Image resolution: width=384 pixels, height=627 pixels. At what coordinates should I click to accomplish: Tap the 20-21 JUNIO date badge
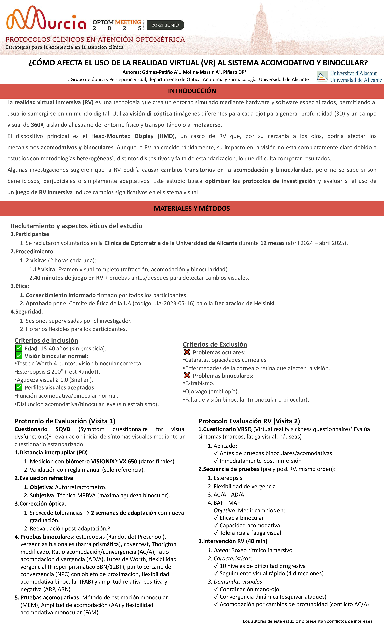coord(165,25)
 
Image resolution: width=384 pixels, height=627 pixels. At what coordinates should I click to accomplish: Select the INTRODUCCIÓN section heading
coord(192,91)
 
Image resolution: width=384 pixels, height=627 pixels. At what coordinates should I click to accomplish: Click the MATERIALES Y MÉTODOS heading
coord(192,208)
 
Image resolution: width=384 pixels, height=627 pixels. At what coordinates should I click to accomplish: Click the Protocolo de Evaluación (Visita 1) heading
coord(65,421)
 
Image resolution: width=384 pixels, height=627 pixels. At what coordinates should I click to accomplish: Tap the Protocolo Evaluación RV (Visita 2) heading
coord(249,421)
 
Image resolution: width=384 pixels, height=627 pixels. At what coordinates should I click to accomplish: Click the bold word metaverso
coord(207,125)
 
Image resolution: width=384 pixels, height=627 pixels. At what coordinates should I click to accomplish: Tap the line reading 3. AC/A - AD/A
coord(226,494)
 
